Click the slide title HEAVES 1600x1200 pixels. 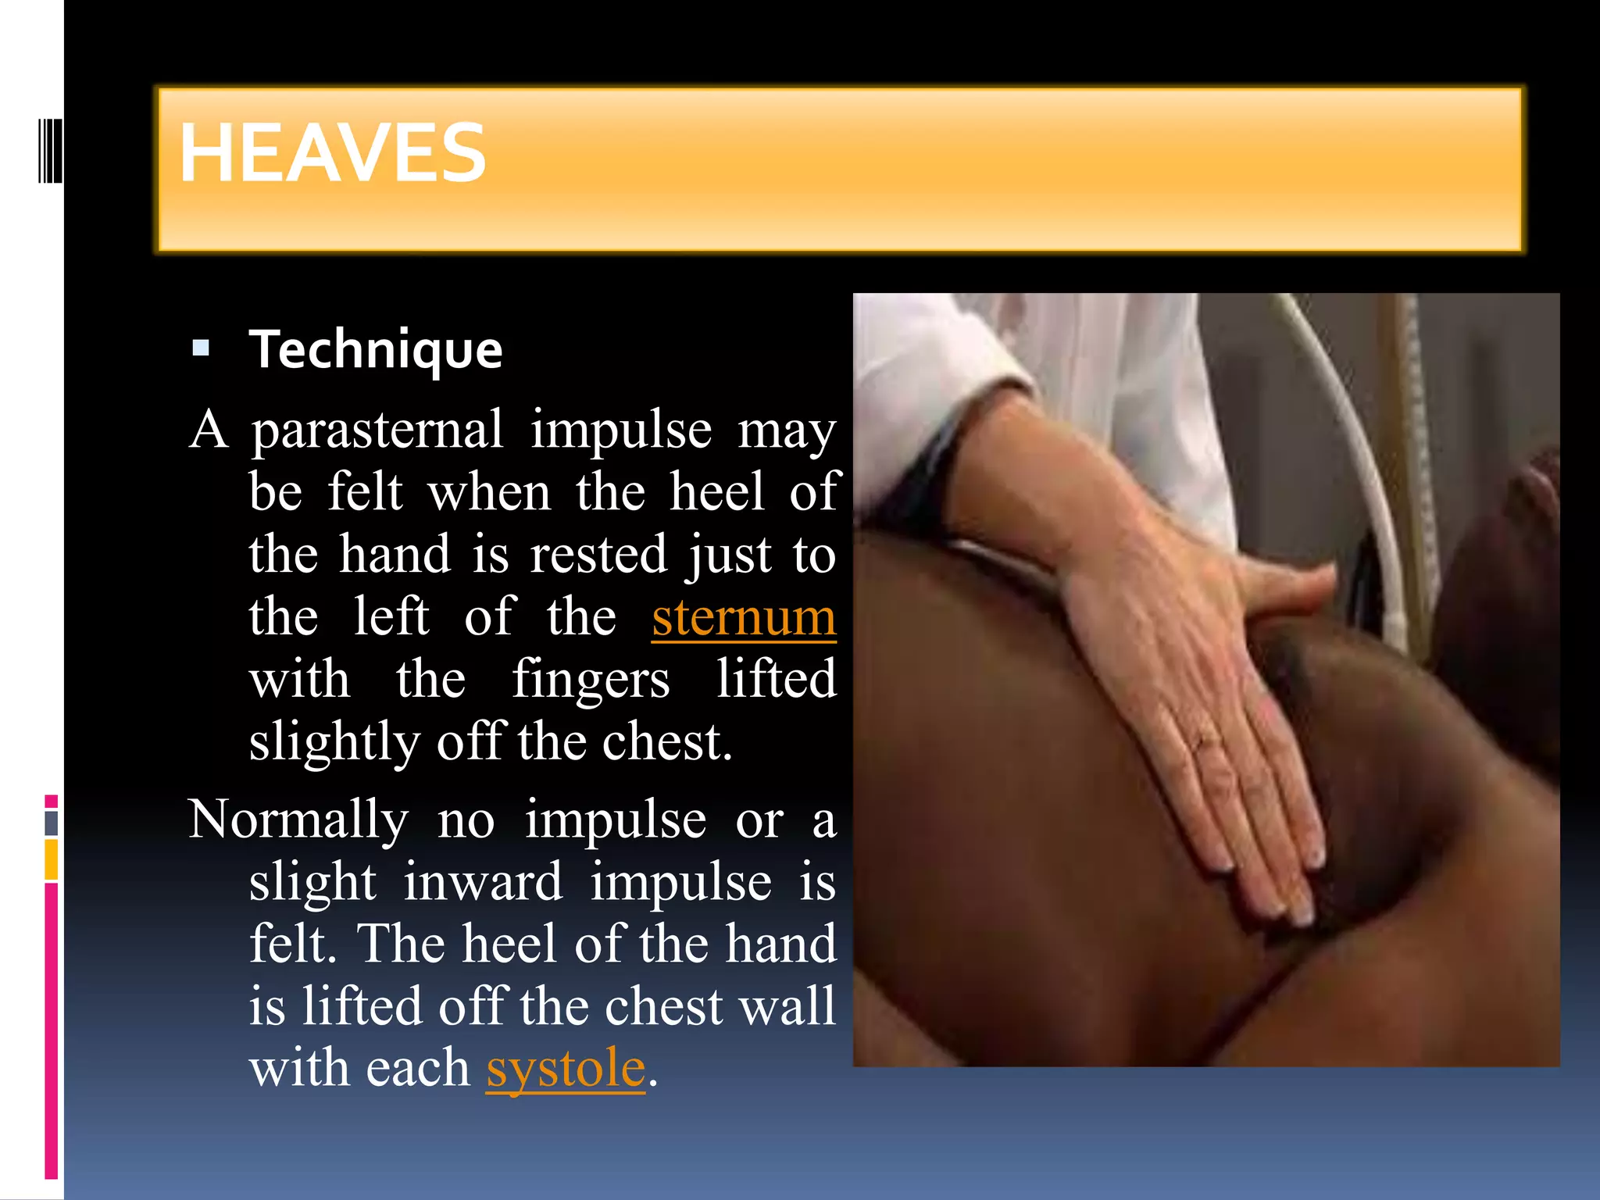333,154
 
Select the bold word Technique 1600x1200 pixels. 376,349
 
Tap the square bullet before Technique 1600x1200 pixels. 201,348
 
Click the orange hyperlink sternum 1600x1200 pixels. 743,617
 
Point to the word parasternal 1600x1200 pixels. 377,430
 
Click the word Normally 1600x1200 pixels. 298,820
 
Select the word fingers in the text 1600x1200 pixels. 591,680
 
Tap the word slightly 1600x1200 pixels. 334,741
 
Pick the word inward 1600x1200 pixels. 483,881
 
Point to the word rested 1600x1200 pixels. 598,555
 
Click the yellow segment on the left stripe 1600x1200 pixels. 52,859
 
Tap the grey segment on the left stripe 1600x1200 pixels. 52,823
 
